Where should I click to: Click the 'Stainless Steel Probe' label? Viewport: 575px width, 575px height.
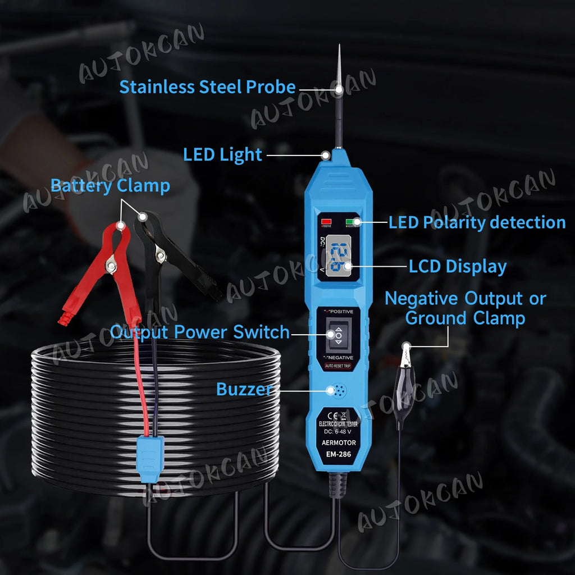point(207,87)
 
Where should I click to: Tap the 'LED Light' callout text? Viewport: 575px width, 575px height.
point(222,154)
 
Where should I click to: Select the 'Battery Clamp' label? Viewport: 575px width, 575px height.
point(110,186)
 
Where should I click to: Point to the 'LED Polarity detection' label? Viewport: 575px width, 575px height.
point(477,222)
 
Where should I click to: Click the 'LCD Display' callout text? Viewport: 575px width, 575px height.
point(457,266)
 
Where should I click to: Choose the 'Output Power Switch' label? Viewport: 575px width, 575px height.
point(199,332)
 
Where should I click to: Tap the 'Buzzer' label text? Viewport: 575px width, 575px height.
point(245,389)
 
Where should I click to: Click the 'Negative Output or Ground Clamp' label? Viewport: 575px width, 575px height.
point(465,308)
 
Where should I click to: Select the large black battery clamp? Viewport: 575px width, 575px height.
point(168,258)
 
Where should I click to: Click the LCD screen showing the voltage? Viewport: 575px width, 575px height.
point(339,255)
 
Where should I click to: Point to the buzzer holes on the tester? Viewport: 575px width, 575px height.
point(339,390)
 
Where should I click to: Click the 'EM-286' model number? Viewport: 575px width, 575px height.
point(338,454)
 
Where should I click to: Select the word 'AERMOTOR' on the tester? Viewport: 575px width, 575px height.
point(338,443)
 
